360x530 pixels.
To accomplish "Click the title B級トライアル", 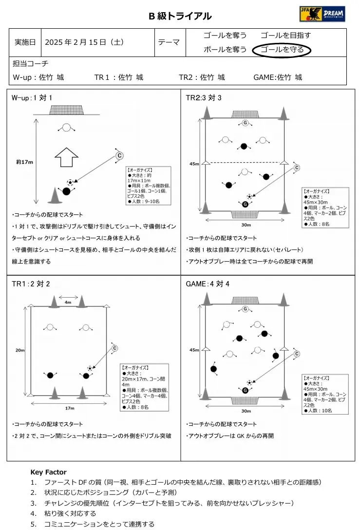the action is (180, 16).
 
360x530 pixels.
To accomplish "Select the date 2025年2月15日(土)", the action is (84, 42).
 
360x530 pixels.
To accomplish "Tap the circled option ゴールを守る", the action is (282, 50).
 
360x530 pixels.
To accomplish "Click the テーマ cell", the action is (169, 42).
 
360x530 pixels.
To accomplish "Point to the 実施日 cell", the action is (26, 42).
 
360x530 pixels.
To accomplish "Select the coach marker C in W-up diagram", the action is (119, 155).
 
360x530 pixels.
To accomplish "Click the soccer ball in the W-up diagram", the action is (70, 182).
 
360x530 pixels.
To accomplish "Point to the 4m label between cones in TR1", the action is (68, 303).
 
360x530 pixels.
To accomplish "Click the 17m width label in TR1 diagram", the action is (69, 408).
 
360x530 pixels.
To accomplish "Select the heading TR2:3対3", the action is (204, 98).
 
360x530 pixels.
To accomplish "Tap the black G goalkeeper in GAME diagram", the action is (245, 390).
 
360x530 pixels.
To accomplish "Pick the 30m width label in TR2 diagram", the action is (246, 225).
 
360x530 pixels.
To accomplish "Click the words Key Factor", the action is (48, 472).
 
